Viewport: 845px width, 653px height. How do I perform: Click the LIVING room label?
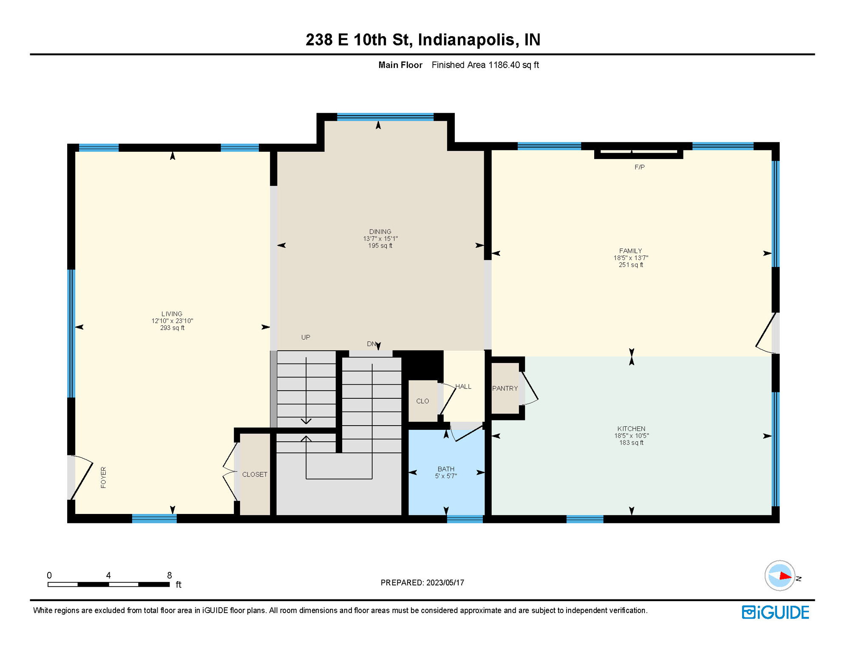click(x=172, y=314)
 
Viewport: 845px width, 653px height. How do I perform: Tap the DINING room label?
click(x=380, y=232)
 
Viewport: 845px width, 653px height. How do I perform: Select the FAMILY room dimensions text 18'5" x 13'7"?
click(x=631, y=258)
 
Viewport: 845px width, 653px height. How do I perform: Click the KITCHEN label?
click(x=631, y=429)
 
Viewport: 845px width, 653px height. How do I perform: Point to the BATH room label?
click(x=446, y=469)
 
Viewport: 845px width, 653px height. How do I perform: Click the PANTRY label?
click(x=505, y=388)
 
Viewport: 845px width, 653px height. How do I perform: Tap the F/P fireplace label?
click(x=639, y=167)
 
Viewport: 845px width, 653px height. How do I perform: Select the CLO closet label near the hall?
click(x=422, y=401)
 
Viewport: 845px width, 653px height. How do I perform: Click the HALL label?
click(x=463, y=386)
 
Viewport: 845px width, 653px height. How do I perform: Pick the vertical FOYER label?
click(x=103, y=477)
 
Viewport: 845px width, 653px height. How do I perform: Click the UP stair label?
click(x=306, y=337)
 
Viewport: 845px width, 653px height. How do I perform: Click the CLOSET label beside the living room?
click(x=255, y=474)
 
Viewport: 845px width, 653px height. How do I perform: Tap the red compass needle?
click(x=785, y=576)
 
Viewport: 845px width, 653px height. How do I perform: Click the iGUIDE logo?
click(x=775, y=612)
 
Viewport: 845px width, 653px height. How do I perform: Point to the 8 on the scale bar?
click(x=169, y=575)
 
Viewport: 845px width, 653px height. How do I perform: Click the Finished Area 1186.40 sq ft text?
click(x=485, y=65)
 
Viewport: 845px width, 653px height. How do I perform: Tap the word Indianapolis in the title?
click(x=466, y=40)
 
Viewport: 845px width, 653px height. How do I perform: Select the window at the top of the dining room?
click(x=385, y=117)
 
